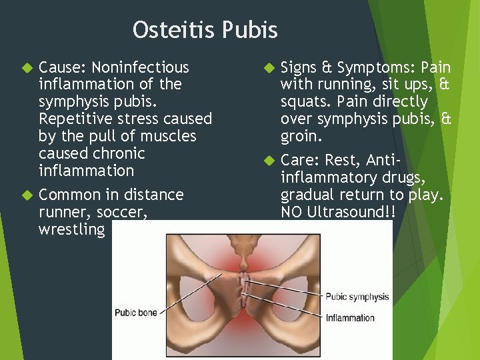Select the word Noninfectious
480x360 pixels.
140,67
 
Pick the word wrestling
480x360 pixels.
72,229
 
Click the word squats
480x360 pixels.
305,102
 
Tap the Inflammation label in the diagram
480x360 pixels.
350,318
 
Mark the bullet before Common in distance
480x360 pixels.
27,195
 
